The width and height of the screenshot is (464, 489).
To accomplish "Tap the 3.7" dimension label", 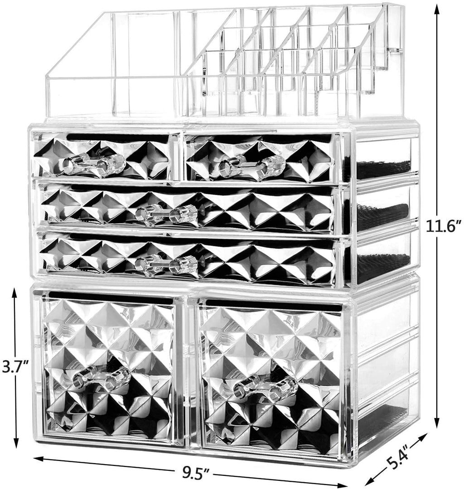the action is [15, 367].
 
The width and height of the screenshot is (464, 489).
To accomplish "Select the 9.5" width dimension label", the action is [196, 476].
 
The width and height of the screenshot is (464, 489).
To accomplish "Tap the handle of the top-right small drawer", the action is [252, 165].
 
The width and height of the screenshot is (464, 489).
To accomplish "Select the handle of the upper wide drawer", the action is [167, 213].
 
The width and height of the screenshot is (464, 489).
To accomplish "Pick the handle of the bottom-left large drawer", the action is [101, 378].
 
